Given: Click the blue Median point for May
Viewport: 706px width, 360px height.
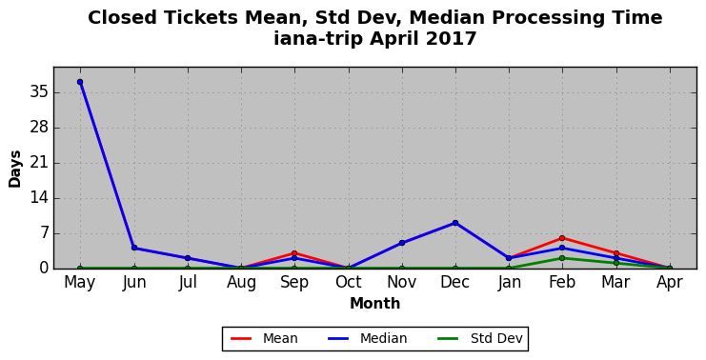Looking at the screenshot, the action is coord(80,82).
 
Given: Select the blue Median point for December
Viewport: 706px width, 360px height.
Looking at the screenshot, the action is coord(455,223).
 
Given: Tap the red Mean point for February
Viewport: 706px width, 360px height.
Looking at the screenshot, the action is coord(562,238).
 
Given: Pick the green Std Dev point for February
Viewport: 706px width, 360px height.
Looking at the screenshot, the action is coord(562,258).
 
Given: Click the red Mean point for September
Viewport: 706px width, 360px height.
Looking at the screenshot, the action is coord(294,253).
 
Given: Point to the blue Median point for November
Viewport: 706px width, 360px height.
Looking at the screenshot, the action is coord(402,243).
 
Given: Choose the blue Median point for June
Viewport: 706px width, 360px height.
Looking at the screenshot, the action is coord(133,248).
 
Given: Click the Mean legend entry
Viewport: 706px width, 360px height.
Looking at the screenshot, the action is coord(264,338).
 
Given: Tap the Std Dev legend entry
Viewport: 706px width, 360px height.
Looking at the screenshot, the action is coord(480,338).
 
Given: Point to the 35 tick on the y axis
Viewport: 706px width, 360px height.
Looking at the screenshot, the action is coord(40,92).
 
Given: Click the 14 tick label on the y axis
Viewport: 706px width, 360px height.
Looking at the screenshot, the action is coord(40,198).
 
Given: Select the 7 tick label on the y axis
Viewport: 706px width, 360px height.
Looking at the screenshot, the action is coord(44,233).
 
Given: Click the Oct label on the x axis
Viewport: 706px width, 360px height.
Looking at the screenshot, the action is coord(348,282).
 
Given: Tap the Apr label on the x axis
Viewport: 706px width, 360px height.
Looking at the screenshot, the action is coord(670,282).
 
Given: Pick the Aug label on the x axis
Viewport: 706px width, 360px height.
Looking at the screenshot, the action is coord(241,283).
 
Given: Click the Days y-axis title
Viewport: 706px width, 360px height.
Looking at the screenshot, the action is coord(14,169).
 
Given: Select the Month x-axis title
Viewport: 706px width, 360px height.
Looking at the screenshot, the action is coord(374,303).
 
